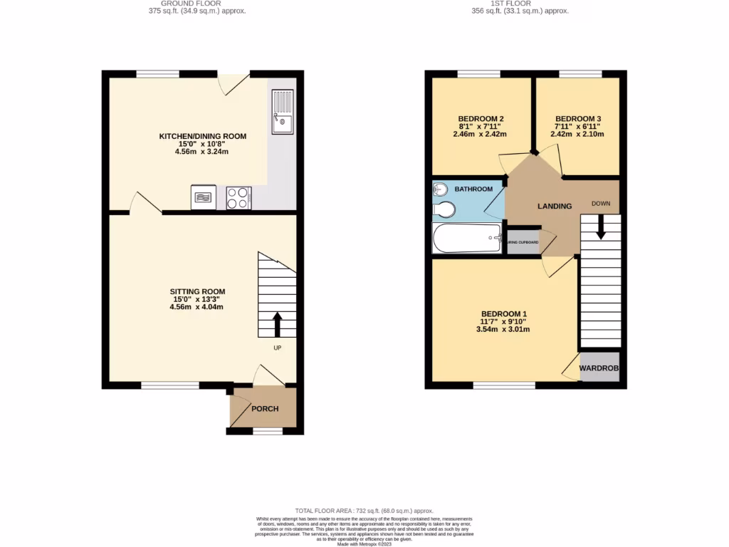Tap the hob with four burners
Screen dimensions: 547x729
[238, 197]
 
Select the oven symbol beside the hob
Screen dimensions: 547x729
[204, 197]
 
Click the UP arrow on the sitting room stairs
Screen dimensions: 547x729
[277, 324]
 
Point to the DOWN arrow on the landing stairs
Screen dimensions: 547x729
[600, 227]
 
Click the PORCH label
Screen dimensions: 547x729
[263, 409]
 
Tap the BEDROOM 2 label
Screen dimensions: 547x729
[481, 119]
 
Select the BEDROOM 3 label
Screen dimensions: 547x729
[578, 119]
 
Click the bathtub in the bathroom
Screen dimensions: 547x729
[467, 238]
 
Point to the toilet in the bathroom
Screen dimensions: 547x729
[445, 209]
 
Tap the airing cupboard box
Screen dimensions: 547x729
[523, 242]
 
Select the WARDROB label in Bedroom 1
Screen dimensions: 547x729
[599, 368]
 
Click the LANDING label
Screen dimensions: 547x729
[554, 207]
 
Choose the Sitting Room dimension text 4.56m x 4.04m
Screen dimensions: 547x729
[196, 307]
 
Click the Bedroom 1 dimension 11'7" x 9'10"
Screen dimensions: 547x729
[504, 321]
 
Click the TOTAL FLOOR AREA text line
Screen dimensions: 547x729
[364, 511]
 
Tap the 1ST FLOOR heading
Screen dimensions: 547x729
[521, 4]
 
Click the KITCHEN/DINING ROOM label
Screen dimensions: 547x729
[203, 136]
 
